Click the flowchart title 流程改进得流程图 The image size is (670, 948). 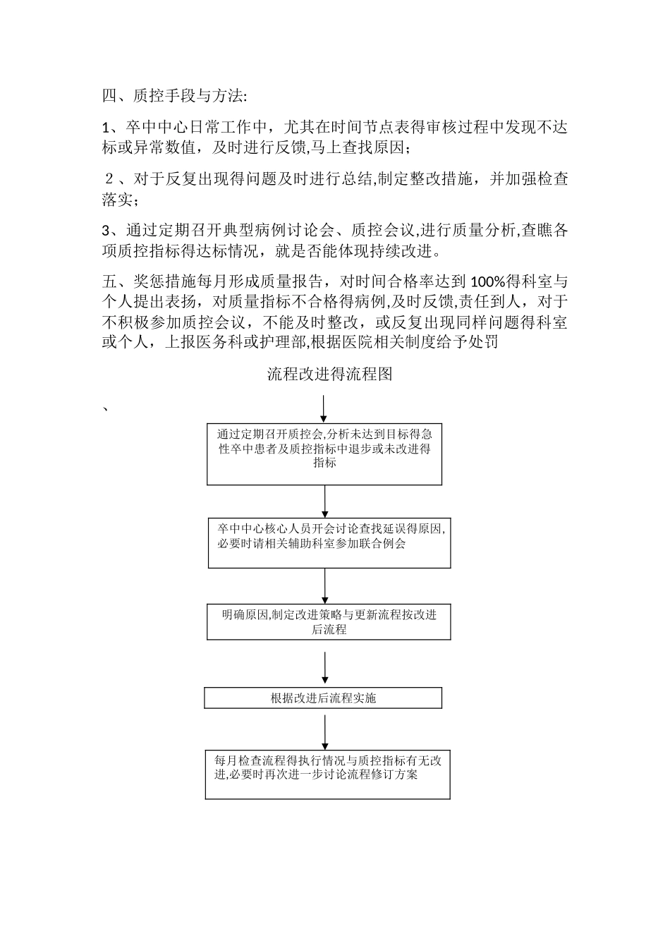point(329,375)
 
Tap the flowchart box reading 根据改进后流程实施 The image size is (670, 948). point(323,698)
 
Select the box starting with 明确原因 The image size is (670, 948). point(329,622)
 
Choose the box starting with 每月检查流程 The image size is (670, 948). point(327,774)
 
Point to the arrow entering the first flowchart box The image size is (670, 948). point(324,410)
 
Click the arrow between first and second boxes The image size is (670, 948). point(325,502)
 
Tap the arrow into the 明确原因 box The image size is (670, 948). point(325,585)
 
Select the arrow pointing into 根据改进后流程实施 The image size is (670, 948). point(325,669)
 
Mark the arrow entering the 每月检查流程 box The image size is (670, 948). point(325,732)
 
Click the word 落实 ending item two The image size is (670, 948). point(117,200)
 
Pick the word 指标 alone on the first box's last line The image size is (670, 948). point(324,463)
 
